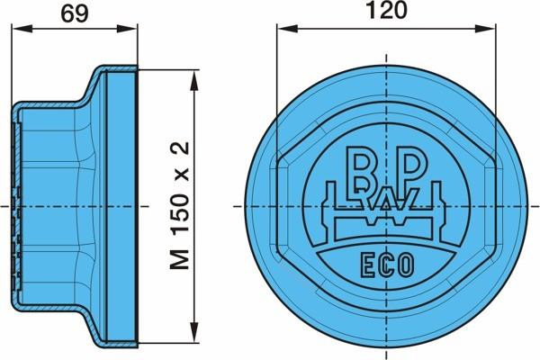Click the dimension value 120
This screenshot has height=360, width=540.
click(x=386, y=10)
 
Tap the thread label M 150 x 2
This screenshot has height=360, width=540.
click(x=180, y=205)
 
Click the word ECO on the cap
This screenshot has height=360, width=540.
click(x=387, y=265)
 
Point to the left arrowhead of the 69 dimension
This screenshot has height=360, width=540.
click(x=22, y=29)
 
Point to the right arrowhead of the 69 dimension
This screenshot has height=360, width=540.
click(x=127, y=29)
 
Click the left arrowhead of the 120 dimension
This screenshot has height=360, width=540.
click(x=287, y=29)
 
